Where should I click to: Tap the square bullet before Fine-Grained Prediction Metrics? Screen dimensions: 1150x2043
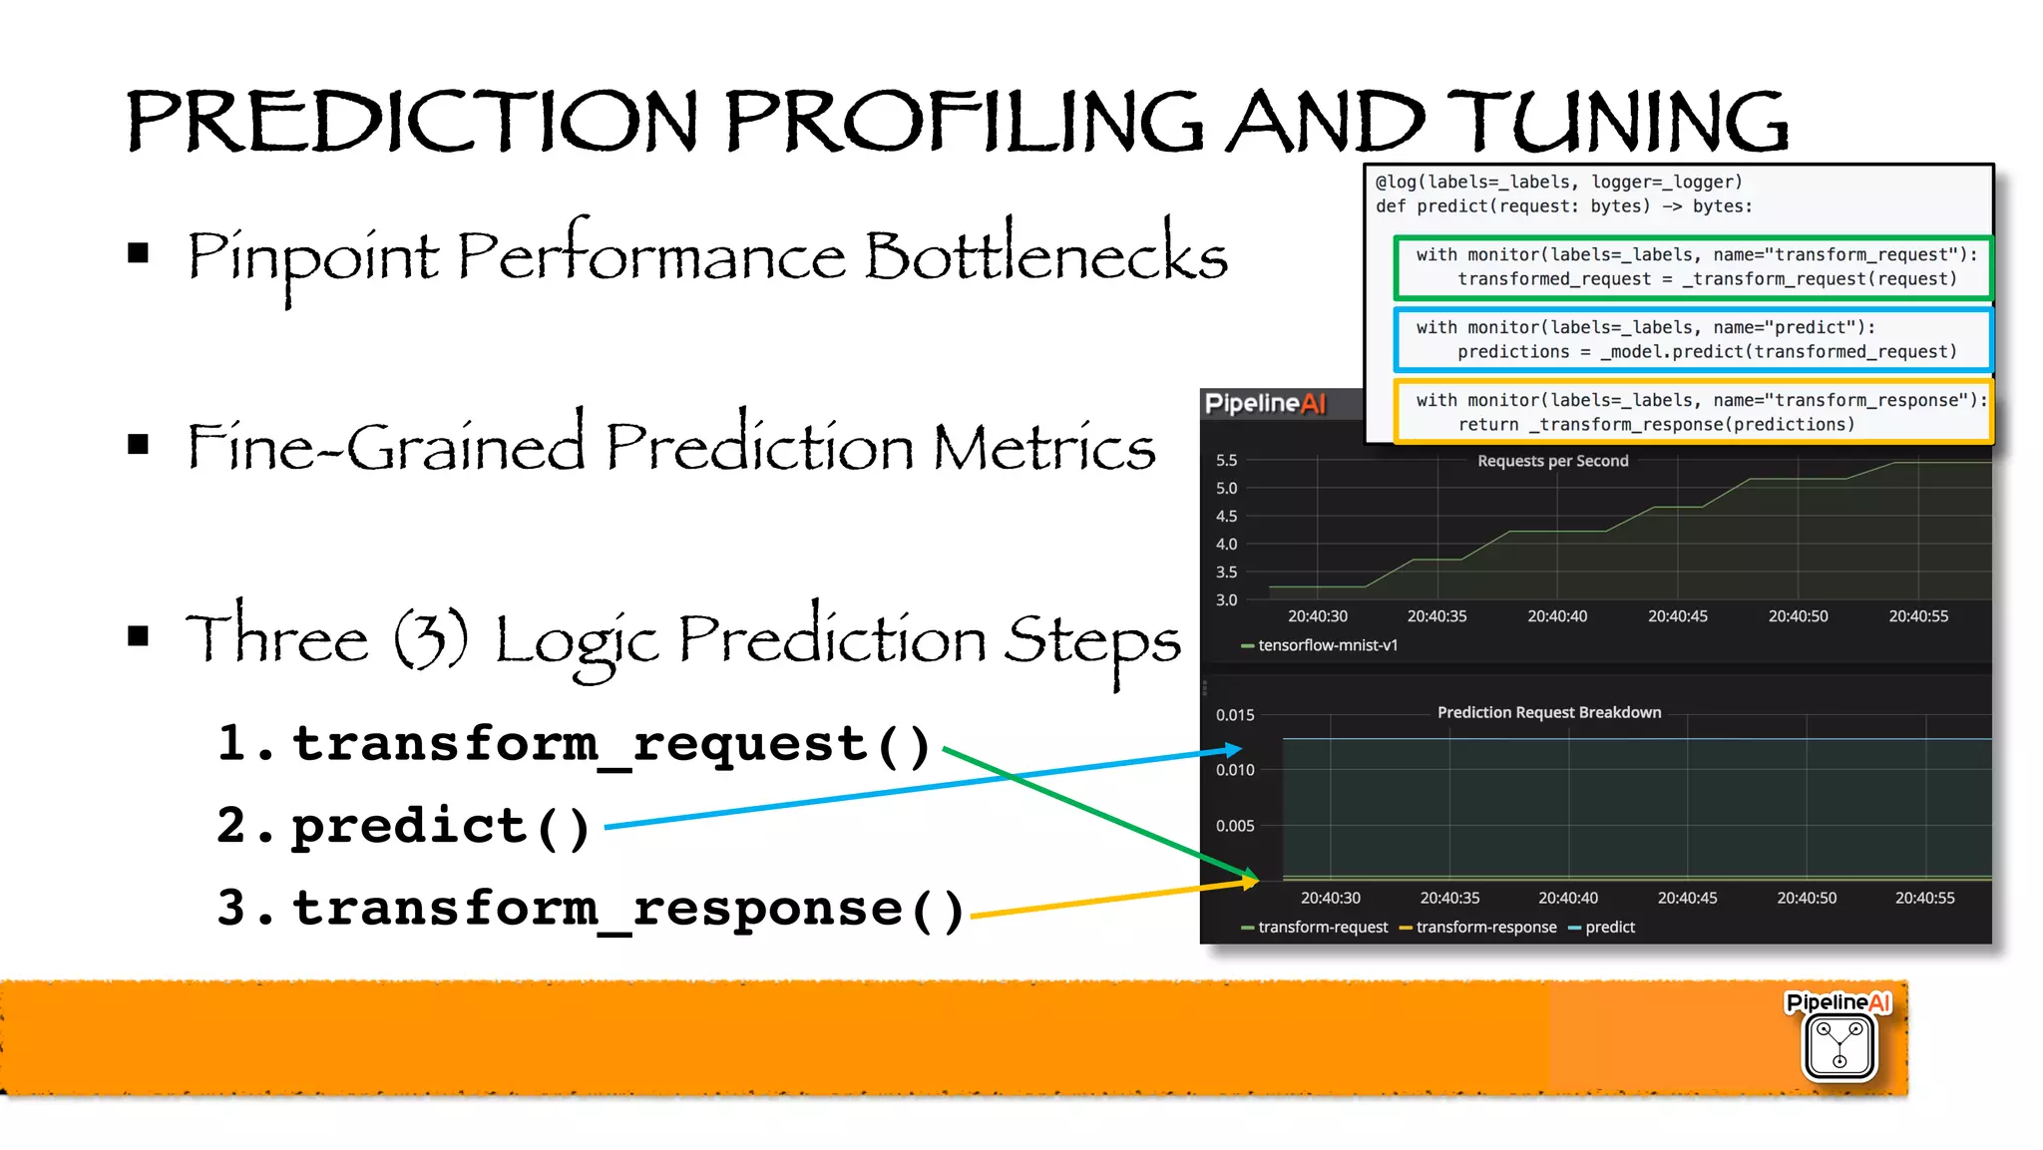pos(139,445)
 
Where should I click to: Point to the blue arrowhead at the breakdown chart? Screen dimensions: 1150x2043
pos(1234,749)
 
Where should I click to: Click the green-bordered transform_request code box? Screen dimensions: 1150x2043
pos(1693,267)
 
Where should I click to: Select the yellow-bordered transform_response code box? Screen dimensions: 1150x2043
pos(1693,412)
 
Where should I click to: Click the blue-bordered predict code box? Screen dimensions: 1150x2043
pos(1693,339)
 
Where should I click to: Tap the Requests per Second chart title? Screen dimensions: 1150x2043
pos(1552,461)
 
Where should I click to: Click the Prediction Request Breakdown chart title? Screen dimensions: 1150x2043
pos(1548,712)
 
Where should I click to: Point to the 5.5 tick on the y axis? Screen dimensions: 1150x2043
pos(1226,461)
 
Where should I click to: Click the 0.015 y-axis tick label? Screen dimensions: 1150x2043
pos(1234,715)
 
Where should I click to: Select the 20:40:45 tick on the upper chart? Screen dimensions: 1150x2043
pos(1677,616)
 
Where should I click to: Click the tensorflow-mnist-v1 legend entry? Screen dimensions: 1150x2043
pos(1327,645)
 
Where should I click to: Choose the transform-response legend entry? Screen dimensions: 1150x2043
pos(1485,928)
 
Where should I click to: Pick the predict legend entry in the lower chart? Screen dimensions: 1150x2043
pos(1609,928)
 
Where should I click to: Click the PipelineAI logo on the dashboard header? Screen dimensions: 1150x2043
pos(1265,404)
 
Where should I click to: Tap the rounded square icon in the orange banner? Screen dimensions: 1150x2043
pos(1839,1046)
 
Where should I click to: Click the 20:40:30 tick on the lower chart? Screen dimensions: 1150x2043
pos(1330,898)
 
